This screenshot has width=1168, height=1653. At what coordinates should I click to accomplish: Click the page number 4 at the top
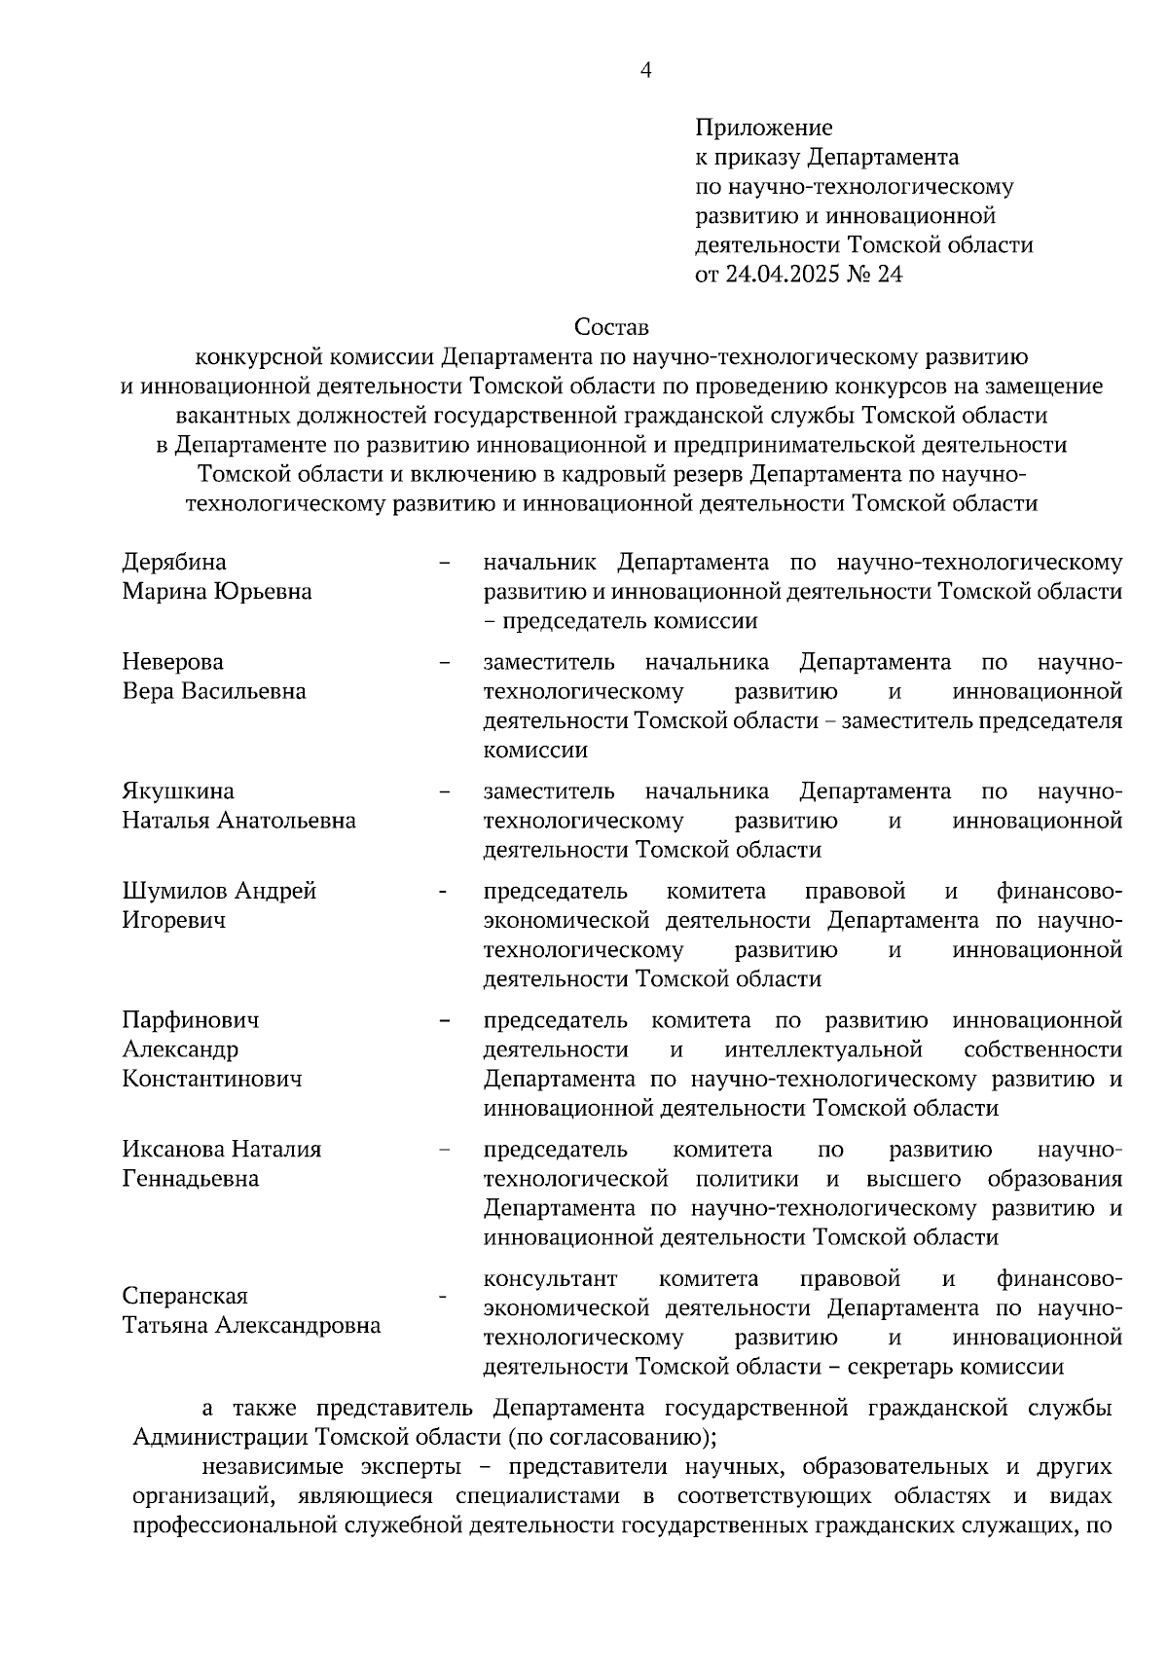(x=644, y=69)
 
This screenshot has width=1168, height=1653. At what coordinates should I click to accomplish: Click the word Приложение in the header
(x=764, y=128)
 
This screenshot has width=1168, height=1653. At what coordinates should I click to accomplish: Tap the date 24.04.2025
(x=785, y=275)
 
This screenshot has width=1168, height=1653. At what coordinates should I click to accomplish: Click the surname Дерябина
(x=174, y=562)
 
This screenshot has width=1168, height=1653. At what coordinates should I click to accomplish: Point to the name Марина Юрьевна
(x=217, y=592)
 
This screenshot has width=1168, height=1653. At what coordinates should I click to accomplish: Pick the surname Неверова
(x=172, y=662)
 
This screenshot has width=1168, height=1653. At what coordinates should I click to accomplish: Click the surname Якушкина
(x=178, y=790)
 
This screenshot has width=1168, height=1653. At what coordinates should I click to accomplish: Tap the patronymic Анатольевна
(x=286, y=821)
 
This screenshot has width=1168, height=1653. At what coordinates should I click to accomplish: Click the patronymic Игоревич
(x=173, y=921)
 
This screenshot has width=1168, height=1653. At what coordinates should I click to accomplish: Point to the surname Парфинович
(x=191, y=1020)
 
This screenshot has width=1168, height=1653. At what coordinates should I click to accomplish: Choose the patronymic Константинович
(x=212, y=1079)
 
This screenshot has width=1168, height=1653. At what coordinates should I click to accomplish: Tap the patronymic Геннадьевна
(x=191, y=1179)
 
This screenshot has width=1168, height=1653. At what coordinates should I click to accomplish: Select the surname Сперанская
(x=185, y=1297)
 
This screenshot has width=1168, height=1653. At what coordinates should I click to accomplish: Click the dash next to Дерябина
(x=445, y=563)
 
